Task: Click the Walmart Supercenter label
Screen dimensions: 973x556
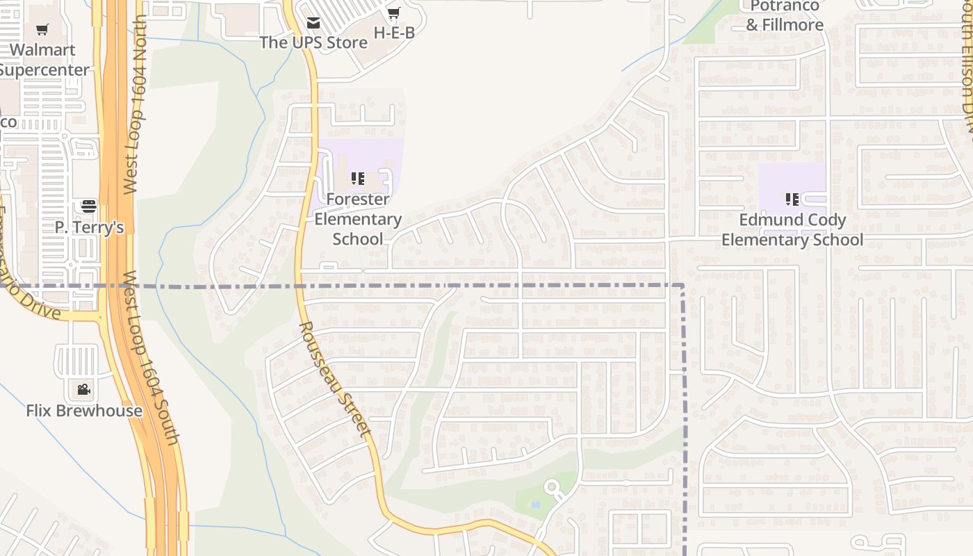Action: point(43,60)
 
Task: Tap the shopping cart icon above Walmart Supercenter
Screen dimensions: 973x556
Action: point(42,30)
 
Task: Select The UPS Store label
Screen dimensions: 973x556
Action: point(313,42)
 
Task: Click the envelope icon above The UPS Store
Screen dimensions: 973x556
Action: point(313,24)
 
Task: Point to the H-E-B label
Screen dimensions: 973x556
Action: point(394,33)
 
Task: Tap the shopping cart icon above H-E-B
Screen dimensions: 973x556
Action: point(394,13)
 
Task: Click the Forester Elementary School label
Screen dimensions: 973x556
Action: point(358,219)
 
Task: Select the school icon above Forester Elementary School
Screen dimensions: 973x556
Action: point(358,179)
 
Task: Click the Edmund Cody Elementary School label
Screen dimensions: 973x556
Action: point(792,230)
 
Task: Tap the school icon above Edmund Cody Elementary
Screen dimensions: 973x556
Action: point(792,200)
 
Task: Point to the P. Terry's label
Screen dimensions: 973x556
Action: point(89,227)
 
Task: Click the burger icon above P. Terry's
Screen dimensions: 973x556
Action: point(88,206)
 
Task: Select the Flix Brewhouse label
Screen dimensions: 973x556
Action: point(84,411)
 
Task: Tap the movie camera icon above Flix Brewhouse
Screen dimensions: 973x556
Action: point(83,390)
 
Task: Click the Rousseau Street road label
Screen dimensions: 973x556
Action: point(335,379)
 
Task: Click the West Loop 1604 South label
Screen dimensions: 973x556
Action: point(152,358)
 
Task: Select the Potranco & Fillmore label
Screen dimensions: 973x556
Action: point(785,15)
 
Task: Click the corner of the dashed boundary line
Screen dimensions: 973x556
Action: point(683,286)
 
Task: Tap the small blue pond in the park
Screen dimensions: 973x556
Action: point(534,505)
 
